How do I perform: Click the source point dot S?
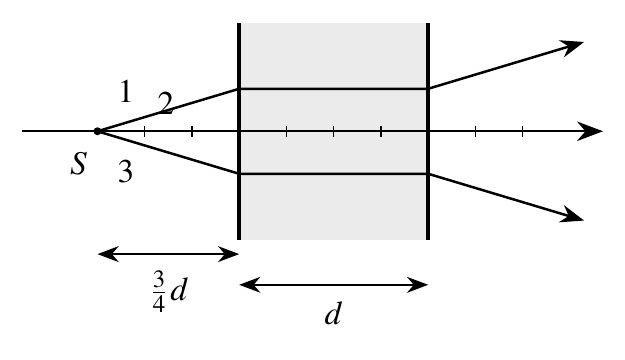click(97, 131)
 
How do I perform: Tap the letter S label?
click(79, 163)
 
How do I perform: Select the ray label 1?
click(126, 91)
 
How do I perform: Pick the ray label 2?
click(165, 103)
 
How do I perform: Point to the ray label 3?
click(126, 172)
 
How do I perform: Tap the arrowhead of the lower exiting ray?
click(572, 215)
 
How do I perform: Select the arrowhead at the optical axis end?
click(590, 131)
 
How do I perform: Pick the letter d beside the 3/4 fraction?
click(178, 288)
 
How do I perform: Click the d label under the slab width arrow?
click(333, 313)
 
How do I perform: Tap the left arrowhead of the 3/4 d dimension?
click(108, 254)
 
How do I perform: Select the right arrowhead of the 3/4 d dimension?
click(228, 254)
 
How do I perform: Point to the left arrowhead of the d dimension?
click(250, 285)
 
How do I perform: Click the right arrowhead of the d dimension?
click(417, 285)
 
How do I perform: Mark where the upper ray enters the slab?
click(239, 89)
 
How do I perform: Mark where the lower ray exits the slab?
click(428, 174)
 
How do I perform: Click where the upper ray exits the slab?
click(428, 89)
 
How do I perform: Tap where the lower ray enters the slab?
click(239, 174)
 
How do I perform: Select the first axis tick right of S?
click(145, 131)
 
